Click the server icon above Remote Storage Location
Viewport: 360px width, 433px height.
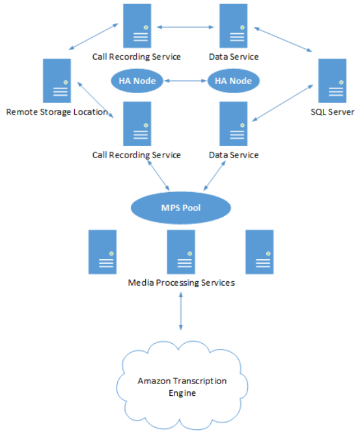coord(57,81)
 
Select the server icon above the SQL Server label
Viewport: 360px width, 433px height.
coord(332,81)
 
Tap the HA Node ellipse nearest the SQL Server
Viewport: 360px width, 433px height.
coord(233,81)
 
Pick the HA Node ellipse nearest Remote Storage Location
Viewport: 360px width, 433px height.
coord(137,81)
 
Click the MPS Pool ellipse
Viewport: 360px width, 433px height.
coord(181,208)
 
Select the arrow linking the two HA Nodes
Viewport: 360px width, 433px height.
coord(186,81)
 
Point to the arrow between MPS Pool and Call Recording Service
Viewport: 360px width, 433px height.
coord(158,175)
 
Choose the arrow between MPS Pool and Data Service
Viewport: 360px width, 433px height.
coord(215,176)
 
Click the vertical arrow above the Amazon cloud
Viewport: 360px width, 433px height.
coord(181,311)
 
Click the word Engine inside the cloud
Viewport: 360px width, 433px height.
coord(182,393)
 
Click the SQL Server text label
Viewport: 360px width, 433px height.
coord(333,112)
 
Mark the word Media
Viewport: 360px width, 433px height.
coord(141,283)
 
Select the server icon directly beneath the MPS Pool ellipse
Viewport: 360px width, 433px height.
coord(181,252)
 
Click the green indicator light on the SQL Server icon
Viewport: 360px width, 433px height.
coord(341,82)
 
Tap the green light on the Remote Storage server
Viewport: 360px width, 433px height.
coord(66,82)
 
